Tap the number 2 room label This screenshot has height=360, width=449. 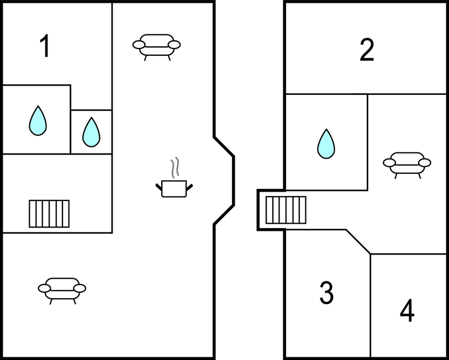[x=367, y=50]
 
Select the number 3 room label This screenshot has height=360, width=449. [x=326, y=293]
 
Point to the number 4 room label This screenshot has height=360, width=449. [x=407, y=311]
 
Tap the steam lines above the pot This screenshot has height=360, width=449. [x=175, y=168]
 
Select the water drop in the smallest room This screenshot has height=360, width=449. [x=91, y=132]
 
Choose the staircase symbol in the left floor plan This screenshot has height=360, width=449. [x=49, y=214]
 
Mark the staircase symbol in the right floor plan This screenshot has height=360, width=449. [x=286, y=210]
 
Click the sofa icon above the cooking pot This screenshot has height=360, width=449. [x=157, y=45]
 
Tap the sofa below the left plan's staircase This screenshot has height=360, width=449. [x=62, y=289]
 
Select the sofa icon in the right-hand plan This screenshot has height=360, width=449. [x=407, y=163]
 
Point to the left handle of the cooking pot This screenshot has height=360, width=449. [x=159, y=188]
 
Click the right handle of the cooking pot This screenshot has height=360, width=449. [x=190, y=188]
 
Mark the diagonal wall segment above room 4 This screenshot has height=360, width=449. [x=358, y=242]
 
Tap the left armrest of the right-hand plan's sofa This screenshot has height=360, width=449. [x=389, y=163]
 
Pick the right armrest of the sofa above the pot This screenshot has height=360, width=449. [x=175, y=45]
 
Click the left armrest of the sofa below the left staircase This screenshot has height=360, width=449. [x=44, y=288]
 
